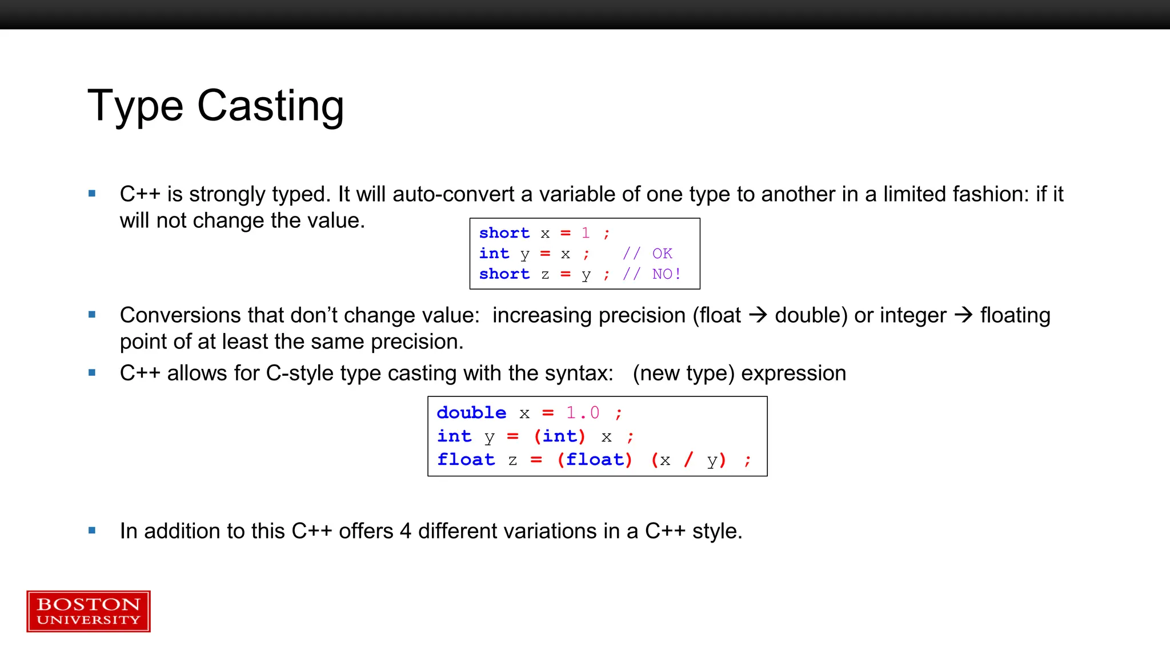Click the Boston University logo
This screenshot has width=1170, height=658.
(x=89, y=611)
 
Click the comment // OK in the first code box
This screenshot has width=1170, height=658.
(x=647, y=254)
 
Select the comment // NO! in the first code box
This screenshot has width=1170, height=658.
(x=651, y=274)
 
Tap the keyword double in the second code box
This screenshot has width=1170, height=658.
(x=471, y=412)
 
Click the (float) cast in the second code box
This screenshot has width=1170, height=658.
(x=595, y=460)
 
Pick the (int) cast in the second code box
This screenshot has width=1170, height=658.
(x=559, y=436)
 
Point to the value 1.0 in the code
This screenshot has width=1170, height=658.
(x=583, y=412)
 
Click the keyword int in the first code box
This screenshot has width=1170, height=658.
(x=494, y=254)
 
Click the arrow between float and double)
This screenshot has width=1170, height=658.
(x=758, y=315)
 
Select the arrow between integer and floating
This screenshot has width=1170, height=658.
(x=963, y=315)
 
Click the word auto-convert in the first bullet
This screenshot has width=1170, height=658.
(x=454, y=195)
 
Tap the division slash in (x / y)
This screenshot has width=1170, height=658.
(x=688, y=459)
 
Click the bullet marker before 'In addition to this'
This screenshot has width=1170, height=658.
(x=92, y=531)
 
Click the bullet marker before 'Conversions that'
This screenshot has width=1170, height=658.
(x=92, y=315)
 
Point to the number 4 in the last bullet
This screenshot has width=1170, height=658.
(x=406, y=531)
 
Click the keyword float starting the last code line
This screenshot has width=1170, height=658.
(x=466, y=460)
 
